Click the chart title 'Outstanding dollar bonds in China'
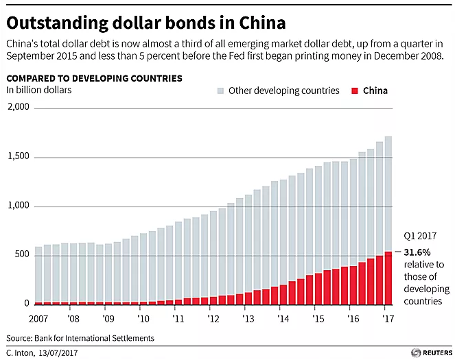coord(145,22)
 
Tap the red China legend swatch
coord(355,91)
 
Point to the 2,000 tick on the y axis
coord(18,107)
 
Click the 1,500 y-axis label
coord(18,156)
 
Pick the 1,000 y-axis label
coord(18,206)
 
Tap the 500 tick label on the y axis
coord(23,254)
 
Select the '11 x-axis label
coord(178,319)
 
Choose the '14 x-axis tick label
coord(283,319)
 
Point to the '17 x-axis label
coord(388,319)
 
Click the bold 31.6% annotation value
coord(419,252)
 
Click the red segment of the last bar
coord(388,278)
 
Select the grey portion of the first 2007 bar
coord(38,274)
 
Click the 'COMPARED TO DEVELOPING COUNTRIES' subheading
coord(94,78)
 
